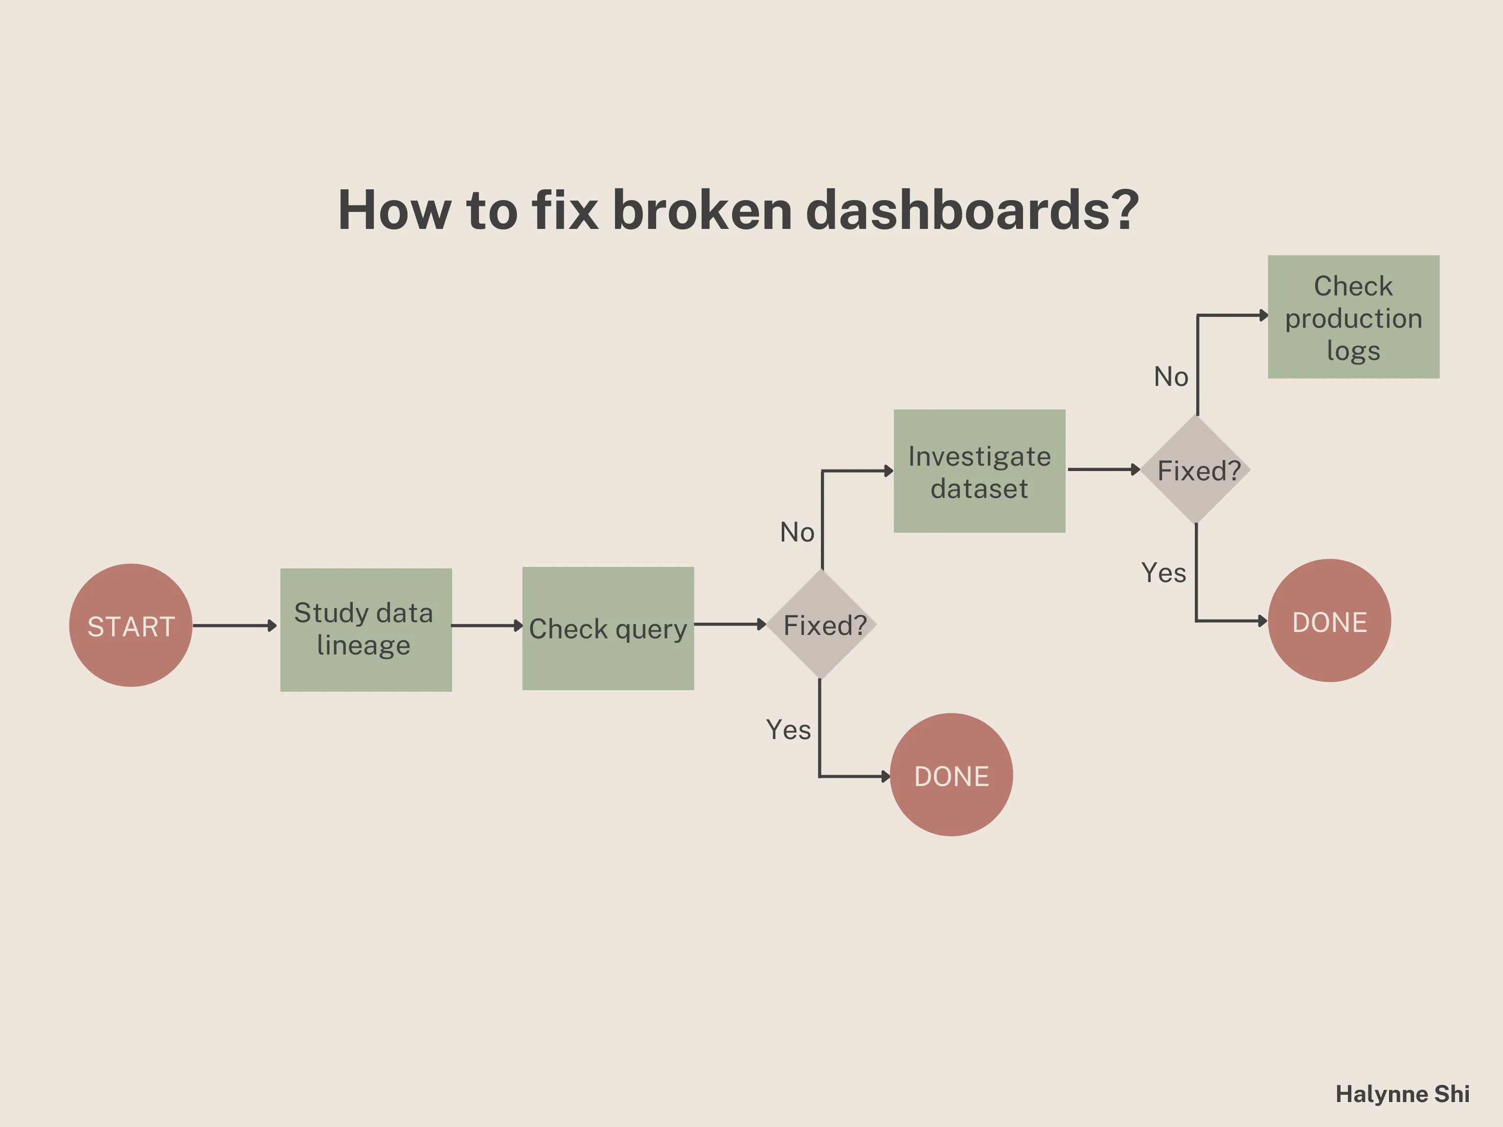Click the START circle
131,625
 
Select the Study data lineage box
365,630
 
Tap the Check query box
608,629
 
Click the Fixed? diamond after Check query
821,624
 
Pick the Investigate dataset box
979,471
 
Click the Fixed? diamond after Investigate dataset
1196,470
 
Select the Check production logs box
1353,316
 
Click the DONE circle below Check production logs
1329,620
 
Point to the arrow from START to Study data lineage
234,625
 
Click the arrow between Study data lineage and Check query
486,625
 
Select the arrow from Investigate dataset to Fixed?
1102,469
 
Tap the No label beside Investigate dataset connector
797,532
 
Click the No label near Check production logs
1171,376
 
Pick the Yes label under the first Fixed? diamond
788,730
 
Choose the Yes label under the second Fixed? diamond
1163,573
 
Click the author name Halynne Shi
1402,1094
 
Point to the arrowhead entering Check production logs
1264,315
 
